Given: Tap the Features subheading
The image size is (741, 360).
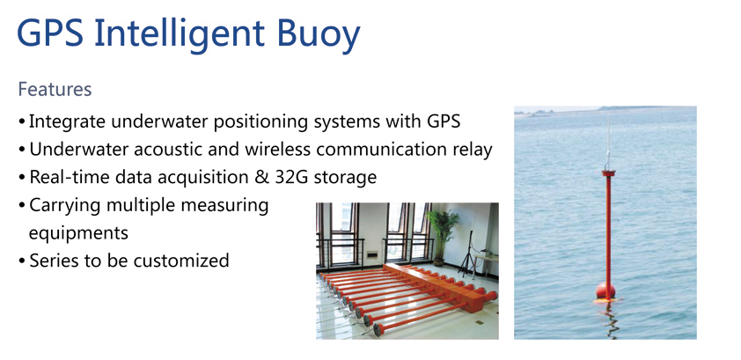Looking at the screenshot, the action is (x=55, y=89).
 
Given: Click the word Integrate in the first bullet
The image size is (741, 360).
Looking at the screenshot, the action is (x=67, y=121).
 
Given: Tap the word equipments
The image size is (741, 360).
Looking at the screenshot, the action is (x=78, y=233).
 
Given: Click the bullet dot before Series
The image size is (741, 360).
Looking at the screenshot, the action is (x=22, y=261).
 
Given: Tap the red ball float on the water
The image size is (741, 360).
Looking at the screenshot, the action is (x=605, y=290).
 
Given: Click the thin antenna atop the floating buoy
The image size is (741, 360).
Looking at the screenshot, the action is (x=608, y=142).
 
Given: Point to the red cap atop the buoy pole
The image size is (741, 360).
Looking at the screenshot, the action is (x=609, y=173).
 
